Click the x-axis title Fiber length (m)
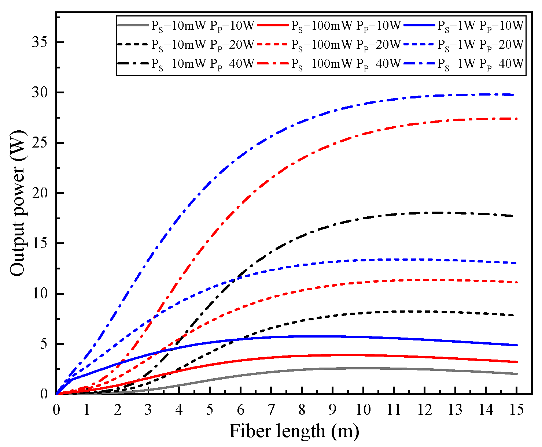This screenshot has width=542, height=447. tap(294, 431)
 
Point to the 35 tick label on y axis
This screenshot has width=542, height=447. tap(41, 42)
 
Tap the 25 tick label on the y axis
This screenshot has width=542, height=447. tap(41, 143)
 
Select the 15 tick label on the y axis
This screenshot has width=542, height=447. tap(41, 243)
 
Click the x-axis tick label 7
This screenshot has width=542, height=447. tap(271, 410)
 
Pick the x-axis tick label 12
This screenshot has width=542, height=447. tap(424, 410)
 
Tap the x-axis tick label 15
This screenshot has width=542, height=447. tap(516, 410)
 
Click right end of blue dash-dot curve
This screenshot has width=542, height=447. tap(516, 95)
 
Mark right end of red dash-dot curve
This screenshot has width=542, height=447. tap(516, 119)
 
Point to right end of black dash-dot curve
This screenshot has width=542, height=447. tap(516, 216)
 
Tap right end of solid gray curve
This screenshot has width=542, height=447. tap(516, 374)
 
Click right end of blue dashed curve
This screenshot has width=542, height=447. tap(516, 263)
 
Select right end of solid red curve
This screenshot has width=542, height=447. tap(516, 362)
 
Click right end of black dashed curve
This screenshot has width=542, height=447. tap(516, 316)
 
